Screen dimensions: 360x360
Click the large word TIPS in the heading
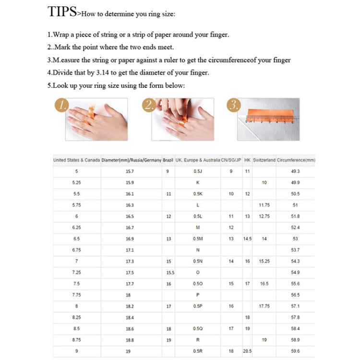[x=61, y=12]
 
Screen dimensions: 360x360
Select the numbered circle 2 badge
[x=149, y=106]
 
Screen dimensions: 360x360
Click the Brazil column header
[x=168, y=160]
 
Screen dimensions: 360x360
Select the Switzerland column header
[x=264, y=160]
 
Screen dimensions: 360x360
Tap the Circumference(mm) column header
[x=296, y=160]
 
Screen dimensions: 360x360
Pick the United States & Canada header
[x=77, y=160]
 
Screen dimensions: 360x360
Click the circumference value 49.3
[x=295, y=171]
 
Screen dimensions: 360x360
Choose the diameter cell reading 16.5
[x=130, y=216]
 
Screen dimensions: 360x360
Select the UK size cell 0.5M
[x=198, y=239]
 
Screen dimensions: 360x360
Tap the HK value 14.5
[x=247, y=239]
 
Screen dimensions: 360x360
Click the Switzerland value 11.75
[x=264, y=205]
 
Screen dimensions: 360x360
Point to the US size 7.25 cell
[x=77, y=273]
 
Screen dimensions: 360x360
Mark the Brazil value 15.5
[x=170, y=273]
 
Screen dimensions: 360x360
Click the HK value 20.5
[x=247, y=351]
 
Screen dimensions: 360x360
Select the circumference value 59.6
[x=295, y=351]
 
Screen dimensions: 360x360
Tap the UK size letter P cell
[x=198, y=295]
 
